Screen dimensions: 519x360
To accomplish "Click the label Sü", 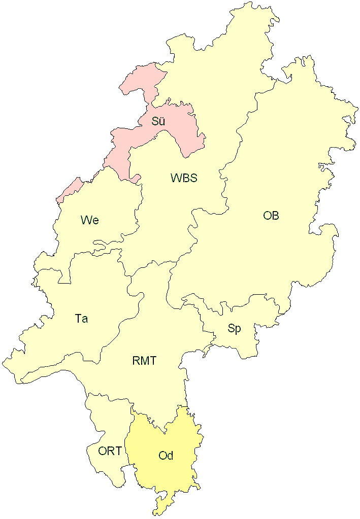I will click(x=158, y=121).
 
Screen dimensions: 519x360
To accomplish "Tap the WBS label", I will click(x=184, y=178).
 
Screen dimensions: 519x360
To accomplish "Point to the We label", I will click(x=89, y=220).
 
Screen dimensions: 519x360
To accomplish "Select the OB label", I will click(x=271, y=216).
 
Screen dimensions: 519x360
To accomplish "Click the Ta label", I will click(x=81, y=319).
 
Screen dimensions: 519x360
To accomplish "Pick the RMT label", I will click(x=144, y=361).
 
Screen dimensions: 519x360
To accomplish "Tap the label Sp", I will click(x=234, y=329).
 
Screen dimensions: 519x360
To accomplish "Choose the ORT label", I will click(x=110, y=451).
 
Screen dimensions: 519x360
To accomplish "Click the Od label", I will click(x=166, y=456).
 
